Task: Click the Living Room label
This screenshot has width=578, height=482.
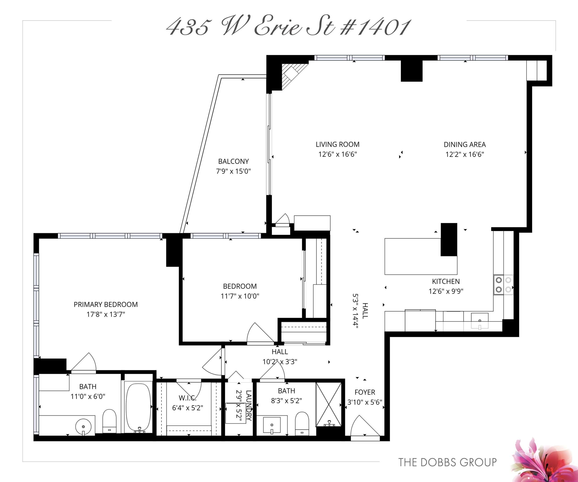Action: coord(338,144)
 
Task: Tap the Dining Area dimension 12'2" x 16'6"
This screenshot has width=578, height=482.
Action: coord(465,155)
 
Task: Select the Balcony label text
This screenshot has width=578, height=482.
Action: coord(233,161)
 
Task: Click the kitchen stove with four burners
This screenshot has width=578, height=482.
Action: coord(503,285)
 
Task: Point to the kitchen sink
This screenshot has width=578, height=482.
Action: coord(480,321)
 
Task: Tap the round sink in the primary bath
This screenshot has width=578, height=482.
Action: coord(83,427)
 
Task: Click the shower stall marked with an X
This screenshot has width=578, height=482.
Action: coord(329,404)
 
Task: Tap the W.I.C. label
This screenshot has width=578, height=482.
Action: coord(187,398)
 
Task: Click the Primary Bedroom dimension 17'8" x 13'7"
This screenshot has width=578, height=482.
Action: coord(106,314)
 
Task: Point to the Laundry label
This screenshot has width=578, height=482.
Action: coord(249,405)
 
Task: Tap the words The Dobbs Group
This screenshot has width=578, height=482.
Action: coord(447,462)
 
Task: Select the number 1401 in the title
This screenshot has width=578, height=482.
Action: coord(382,28)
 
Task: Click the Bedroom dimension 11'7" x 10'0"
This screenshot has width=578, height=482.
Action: coord(240,296)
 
